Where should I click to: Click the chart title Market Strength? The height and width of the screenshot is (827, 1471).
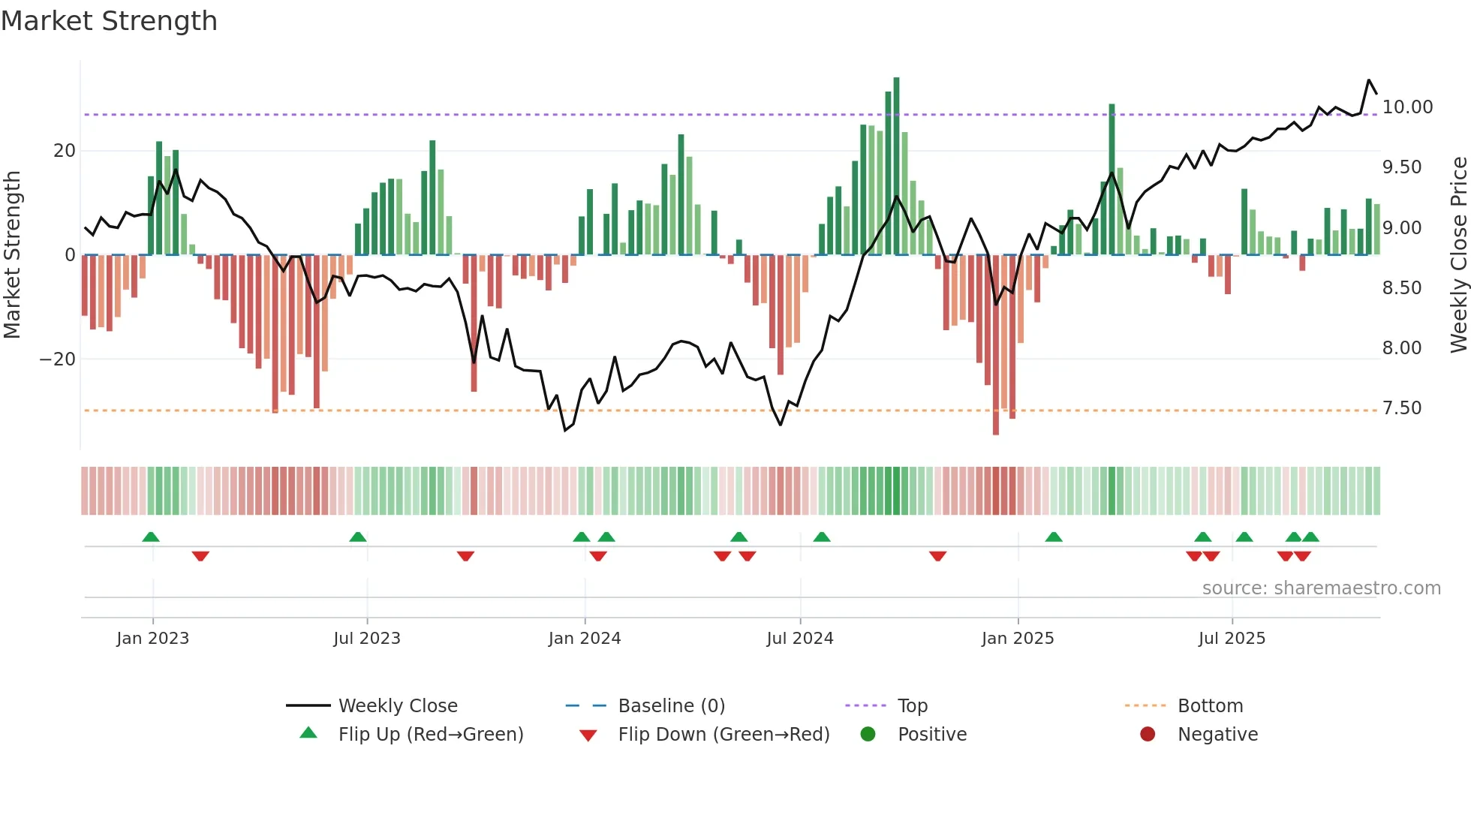click(109, 21)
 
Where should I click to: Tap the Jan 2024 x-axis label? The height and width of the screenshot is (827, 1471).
click(584, 639)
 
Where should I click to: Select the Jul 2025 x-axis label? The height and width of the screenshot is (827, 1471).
click(1231, 639)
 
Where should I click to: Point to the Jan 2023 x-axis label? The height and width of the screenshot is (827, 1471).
click(152, 639)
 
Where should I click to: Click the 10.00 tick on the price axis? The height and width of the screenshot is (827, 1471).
click(1407, 107)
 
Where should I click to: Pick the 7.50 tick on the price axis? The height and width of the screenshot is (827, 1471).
click(1401, 408)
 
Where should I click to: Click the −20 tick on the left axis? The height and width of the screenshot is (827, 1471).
click(57, 359)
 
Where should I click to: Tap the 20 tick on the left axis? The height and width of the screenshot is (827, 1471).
click(65, 151)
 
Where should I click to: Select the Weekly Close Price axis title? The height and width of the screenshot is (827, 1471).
click(1458, 255)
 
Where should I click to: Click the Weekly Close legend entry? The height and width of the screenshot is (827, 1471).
click(397, 706)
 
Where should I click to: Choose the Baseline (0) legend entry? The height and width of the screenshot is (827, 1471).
click(671, 706)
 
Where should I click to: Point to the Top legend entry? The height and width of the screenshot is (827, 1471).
click(912, 706)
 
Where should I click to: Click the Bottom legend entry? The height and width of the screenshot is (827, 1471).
click(1210, 706)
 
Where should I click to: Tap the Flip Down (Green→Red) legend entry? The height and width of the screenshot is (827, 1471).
click(723, 735)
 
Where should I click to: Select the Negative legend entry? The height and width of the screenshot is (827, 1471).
click(1217, 735)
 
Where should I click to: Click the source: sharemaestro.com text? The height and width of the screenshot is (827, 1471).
click(1321, 588)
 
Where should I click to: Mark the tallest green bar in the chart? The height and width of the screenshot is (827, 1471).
click(896, 165)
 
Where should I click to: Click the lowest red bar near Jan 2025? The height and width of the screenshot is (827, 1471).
click(996, 345)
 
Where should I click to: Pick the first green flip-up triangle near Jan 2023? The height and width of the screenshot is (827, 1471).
click(151, 537)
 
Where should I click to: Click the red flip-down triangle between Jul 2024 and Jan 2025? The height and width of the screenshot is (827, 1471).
click(937, 556)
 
